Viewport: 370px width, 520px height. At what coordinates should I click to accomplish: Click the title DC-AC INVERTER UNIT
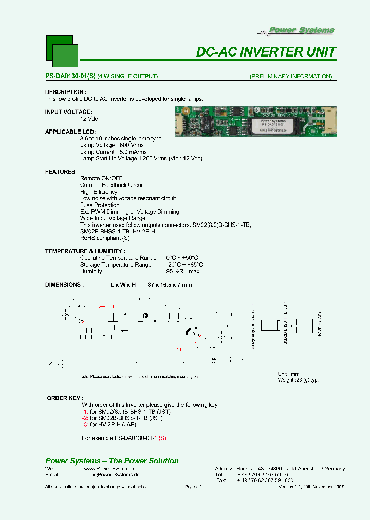click(266, 52)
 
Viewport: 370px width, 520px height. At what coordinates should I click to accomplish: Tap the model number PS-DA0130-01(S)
click(70, 77)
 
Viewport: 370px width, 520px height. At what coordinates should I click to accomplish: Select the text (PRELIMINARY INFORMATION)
click(291, 77)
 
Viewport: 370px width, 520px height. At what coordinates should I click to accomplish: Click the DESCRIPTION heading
click(64, 92)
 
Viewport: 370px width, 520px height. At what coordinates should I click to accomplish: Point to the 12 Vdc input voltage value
click(89, 119)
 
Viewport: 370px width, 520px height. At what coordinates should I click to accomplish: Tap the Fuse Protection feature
click(100, 205)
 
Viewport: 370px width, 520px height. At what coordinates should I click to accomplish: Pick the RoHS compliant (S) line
click(105, 238)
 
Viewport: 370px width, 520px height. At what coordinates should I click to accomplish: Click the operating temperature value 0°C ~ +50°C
click(182, 258)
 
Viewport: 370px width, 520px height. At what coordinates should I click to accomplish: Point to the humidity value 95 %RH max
click(182, 271)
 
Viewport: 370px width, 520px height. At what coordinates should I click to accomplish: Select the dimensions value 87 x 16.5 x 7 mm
click(170, 285)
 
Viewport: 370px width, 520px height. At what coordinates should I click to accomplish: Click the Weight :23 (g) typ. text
click(298, 380)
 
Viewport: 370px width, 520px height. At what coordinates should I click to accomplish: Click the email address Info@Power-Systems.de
click(111, 475)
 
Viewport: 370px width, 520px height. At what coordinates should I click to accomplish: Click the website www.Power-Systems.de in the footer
click(111, 469)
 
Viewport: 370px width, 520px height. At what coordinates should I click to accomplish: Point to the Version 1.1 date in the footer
click(311, 487)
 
